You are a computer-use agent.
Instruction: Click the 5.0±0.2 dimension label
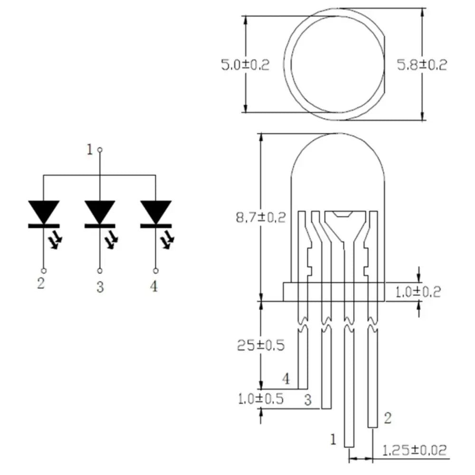(245, 65)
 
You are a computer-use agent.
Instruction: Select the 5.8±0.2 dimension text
(422, 65)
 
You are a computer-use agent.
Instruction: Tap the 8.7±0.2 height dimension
(261, 218)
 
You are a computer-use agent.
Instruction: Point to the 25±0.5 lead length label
(260, 345)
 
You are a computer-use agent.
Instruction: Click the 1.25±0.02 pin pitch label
(415, 450)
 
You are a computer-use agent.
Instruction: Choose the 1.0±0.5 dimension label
(260, 399)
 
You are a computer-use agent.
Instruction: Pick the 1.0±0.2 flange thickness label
(418, 292)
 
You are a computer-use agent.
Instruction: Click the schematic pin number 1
(89, 150)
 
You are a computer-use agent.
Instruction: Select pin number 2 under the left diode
(41, 284)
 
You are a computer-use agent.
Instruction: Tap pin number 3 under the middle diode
(99, 287)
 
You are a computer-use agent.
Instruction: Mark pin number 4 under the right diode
(154, 286)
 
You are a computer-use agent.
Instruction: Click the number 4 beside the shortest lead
(285, 379)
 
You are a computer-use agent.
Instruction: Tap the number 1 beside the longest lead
(333, 439)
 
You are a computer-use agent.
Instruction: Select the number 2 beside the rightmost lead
(388, 418)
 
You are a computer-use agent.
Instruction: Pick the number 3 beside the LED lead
(308, 400)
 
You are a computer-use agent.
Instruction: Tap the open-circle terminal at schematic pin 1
(99, 150)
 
